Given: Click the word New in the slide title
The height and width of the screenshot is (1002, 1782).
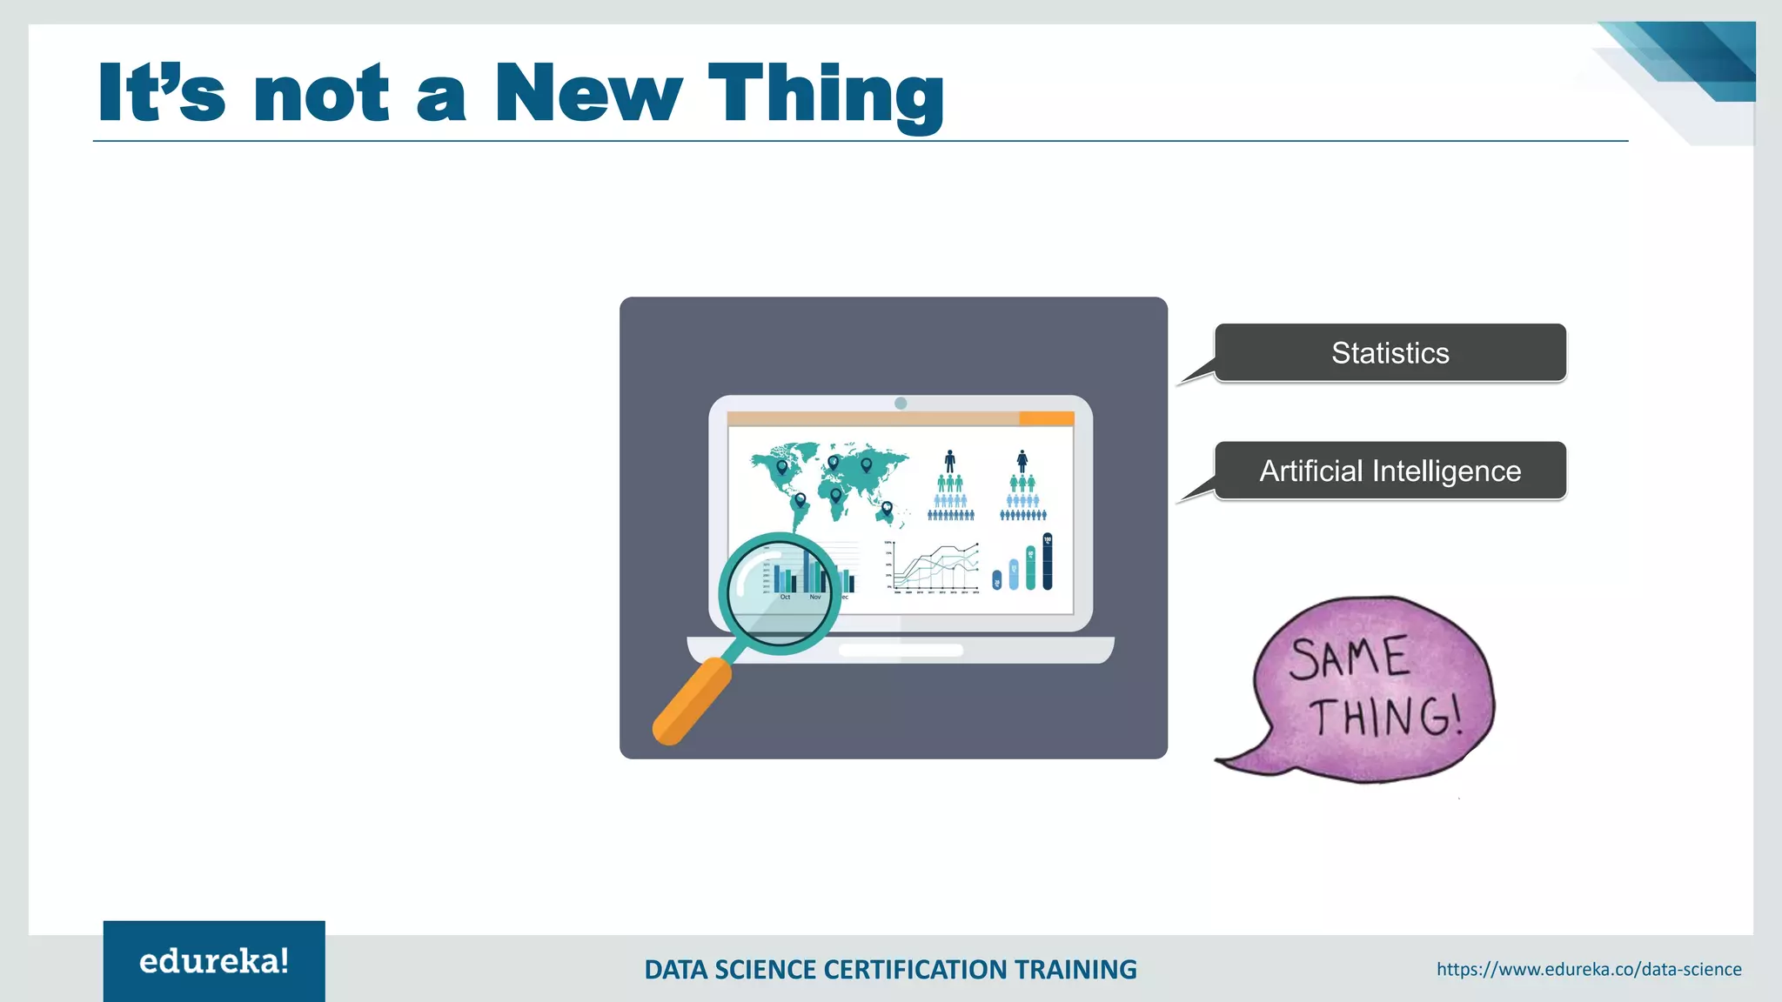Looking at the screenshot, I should pos(588,93).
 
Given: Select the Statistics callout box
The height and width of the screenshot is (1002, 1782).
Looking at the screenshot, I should pos(1390,353).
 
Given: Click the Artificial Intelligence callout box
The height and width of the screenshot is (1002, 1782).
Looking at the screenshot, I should pos(1390,471).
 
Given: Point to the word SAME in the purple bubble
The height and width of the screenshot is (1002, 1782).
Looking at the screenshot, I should pos(1348,658).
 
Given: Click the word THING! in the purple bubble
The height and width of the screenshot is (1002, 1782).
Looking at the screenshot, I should pos(1385,718).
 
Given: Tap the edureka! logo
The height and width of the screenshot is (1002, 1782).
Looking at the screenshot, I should pos(214,961).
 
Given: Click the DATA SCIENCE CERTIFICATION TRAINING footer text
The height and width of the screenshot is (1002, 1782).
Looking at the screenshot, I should pos(890,970).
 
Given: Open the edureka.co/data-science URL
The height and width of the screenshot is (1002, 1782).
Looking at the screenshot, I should pos(1589,970).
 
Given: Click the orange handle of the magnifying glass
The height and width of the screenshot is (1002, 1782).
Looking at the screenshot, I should pos(692,701).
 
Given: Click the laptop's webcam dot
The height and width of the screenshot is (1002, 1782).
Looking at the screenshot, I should pos(901,404).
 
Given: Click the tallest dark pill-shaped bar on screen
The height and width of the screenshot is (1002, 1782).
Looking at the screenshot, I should pos(1047,562).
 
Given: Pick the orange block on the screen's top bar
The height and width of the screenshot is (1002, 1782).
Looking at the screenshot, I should pos(1046,419).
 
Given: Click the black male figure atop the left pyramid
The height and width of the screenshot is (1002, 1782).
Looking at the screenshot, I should pos(949,461).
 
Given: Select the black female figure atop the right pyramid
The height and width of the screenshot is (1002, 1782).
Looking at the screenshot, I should pos(1022,461).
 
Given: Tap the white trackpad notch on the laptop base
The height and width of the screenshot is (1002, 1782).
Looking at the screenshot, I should pos(901,650).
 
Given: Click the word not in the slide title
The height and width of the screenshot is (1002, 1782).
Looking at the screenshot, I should pos(321,93).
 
